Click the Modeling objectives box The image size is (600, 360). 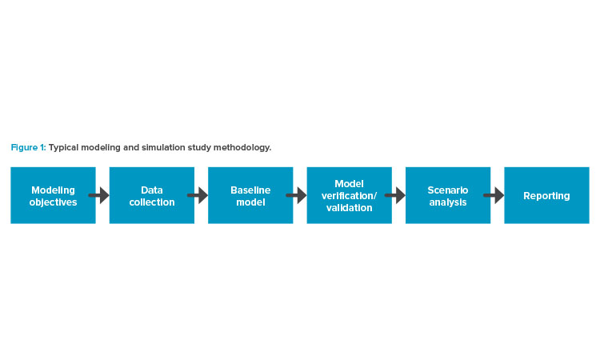(53, 195)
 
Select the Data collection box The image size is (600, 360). (152, 195)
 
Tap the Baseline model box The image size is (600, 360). (250, 195)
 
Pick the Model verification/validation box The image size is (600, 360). (350, 195)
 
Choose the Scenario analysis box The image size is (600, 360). (448, 195)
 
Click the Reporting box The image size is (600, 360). (547, 195)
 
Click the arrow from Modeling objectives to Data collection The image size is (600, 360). (98, 195)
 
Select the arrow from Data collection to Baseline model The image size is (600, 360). (198, 195)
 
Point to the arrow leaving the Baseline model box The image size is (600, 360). (296, 195)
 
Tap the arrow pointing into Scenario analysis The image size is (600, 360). (395, 195)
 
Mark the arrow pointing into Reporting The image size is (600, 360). (494, 195)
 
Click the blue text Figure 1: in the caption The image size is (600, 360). (28, 148)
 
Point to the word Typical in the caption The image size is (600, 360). (63, 148)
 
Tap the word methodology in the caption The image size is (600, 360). (242, 148)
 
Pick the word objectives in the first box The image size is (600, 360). (53, 202)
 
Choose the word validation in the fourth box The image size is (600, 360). (350, 208)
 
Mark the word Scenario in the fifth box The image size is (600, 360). (448, 190)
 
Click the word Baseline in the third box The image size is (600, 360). (250, 190)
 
